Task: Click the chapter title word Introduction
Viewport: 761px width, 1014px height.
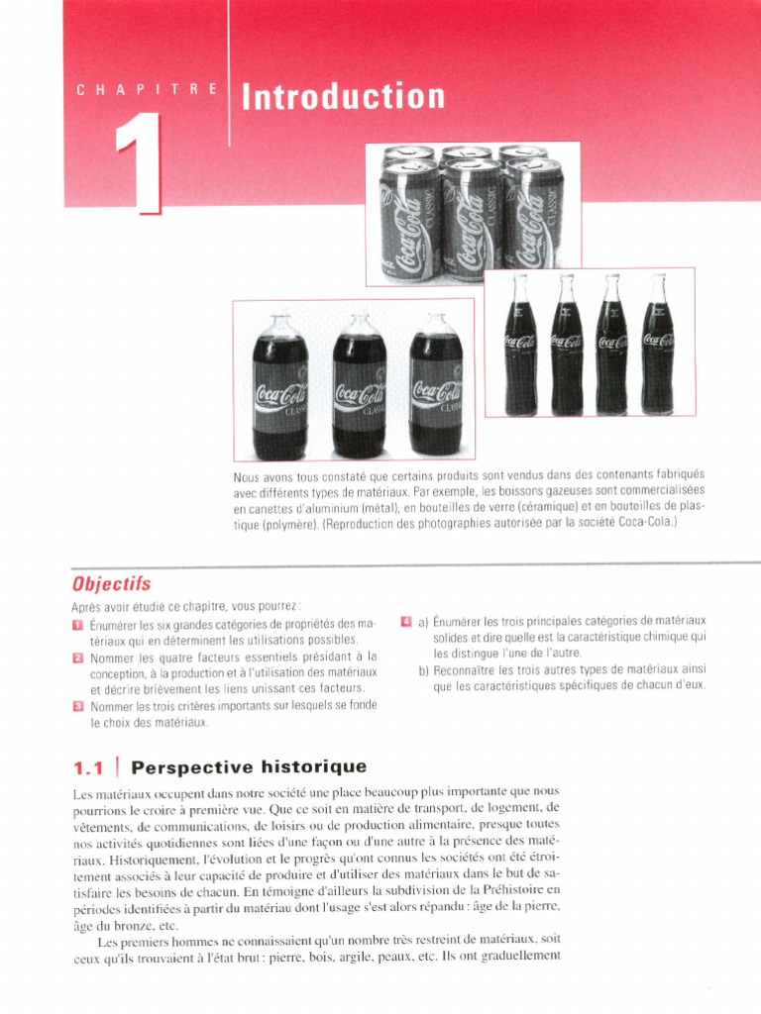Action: pyautogui.click(x=343, y=97)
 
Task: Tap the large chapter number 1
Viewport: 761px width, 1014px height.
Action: pyautogui.click(x=140, y=163)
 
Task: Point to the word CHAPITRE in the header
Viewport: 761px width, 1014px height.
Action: pyautogui.click(x=148, y=90)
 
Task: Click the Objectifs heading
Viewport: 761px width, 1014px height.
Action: pyautogui.click(x=111, y=583)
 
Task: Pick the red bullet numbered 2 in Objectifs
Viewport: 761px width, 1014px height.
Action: pyautogui.click(x=78, y=657)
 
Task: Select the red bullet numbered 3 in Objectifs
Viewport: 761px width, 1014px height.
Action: pyautogui.click(x=78, y=706)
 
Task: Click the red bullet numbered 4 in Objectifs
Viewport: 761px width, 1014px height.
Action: pyautogui.click(x=406, y=621)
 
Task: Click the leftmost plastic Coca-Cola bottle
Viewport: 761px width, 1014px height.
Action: pyautogui.click(x=279, y=386)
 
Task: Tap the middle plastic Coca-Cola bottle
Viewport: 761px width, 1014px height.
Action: pyautogui.click(x=359, y=386)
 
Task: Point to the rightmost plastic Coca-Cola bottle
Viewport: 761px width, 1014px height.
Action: pyautogui.click(x=436, y=386)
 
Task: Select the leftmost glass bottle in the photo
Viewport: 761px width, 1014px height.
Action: pyautogui.click(x=520, y=347)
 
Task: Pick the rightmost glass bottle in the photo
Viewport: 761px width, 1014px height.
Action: pyautogui.click(x=657, y=347)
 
